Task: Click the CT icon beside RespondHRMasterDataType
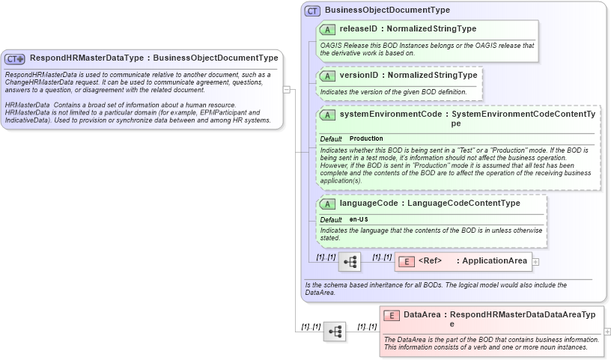point(15,58)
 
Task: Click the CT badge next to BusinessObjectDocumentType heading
point(313,10)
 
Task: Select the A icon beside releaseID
point(326,29)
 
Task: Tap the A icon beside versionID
point(326,76)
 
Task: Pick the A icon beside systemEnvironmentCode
point(326,115)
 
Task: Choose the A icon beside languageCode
point(326,204)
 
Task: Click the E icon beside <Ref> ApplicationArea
point(405,261)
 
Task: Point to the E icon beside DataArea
point(390,315)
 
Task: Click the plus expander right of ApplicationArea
point(535,262)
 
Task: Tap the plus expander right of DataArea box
point(607,332)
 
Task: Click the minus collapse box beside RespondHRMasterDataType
point(287,88)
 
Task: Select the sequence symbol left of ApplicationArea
point(350,262)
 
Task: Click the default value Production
point(366,139)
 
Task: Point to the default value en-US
point(359,219)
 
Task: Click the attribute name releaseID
point(358,29)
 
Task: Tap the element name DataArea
point(422,315)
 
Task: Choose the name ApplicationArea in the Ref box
point(494,261)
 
